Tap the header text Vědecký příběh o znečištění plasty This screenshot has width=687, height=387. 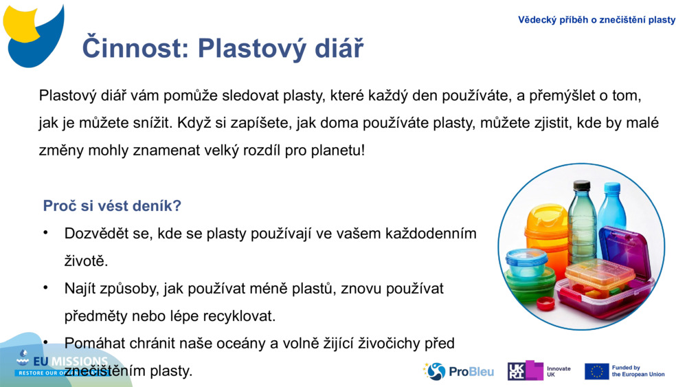(x=596, y=20)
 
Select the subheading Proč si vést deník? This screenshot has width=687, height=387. (x=112, y=206)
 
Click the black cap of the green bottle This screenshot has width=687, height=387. (x=582, y=185)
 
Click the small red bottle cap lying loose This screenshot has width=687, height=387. (x=545, y=303)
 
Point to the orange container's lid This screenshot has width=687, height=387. (x=547, y=214)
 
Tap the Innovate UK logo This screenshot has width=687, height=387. (x=539, y=371)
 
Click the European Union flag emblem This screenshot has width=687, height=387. (x=596, y=371)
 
